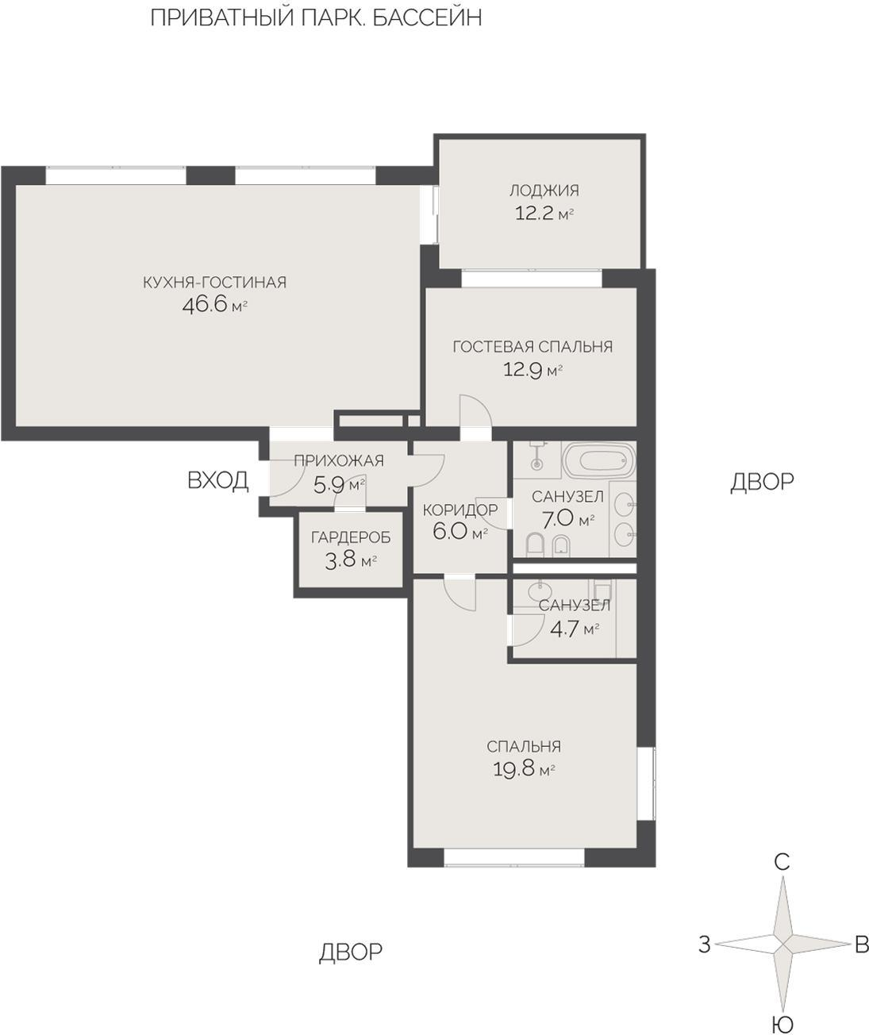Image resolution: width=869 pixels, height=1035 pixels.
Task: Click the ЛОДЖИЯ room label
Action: pos(544,190)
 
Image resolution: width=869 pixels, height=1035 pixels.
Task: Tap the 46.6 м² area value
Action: pos(214,305)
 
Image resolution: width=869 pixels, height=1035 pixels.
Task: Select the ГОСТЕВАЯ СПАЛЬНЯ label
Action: pos(533,347)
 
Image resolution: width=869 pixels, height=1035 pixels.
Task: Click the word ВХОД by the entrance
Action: pos(217,480)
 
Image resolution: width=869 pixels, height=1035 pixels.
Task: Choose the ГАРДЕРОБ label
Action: pos(351,537)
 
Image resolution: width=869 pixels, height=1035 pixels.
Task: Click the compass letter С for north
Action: pos(782,863)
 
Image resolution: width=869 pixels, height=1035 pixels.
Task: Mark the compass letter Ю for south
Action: pos(783,1023)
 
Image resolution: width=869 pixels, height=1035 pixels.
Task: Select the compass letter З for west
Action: pos(705,945)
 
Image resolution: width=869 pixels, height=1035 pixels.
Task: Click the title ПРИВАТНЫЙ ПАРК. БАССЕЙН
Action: pos(316,18)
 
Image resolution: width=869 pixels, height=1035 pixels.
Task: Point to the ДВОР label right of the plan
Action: pos(762,482)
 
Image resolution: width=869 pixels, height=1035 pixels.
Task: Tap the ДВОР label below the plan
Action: pos(351,951)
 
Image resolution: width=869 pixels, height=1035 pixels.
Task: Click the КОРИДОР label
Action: pos(460,510)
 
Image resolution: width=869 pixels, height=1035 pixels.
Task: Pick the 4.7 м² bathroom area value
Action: pos(575,629)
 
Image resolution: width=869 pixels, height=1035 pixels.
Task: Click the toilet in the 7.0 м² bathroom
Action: pos(534,545)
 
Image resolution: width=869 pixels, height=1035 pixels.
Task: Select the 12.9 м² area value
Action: pos(533,370)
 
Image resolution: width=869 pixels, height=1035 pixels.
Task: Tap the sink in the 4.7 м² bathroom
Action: pos(540,591)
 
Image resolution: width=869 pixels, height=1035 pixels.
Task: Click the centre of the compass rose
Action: pos(782,945)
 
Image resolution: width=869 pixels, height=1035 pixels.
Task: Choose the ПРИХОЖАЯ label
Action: pos(339,460)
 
